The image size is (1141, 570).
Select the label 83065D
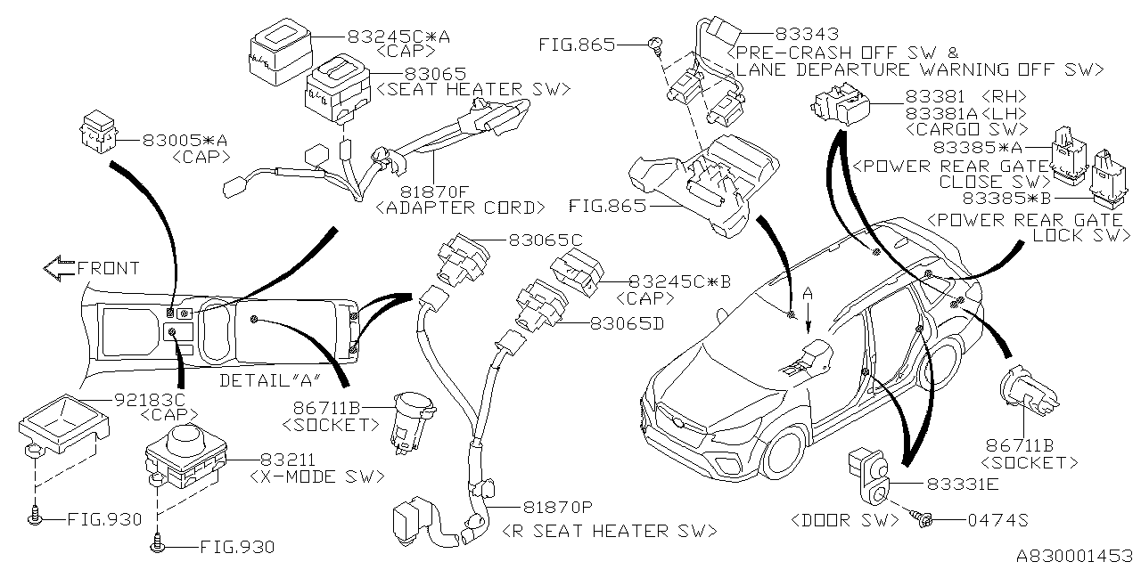pos(627,325)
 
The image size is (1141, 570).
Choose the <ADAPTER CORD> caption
pos(461,208)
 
